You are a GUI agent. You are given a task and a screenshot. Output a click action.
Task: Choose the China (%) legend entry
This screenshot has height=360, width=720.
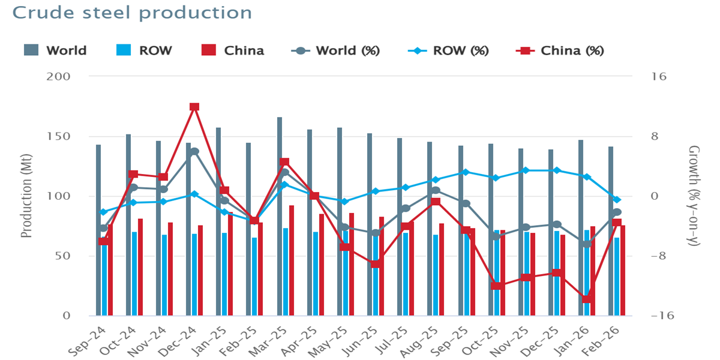(x=560, y=50)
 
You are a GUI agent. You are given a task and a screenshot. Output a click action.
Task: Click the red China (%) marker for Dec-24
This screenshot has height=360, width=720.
(x=194, y=107)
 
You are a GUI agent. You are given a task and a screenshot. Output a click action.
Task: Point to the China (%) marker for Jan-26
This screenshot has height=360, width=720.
(x=587, y=299)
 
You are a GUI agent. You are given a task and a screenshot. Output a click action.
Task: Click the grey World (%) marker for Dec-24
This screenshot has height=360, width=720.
(x=194, y=151)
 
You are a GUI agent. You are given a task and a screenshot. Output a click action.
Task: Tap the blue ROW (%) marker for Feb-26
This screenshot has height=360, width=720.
(x=617, y=200)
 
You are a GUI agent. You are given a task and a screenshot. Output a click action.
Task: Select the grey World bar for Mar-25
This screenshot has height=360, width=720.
(x=280, y=216)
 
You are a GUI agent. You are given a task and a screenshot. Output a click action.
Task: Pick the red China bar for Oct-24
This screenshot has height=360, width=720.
(x=140, y=267)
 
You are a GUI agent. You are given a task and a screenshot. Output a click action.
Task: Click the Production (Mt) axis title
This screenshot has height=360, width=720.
(x=26, y=196)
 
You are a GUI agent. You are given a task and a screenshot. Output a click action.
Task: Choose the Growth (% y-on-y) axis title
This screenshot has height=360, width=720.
(x=694, y=196)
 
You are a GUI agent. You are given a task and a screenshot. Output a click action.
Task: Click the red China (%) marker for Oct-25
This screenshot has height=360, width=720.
(x=496, y=286)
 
